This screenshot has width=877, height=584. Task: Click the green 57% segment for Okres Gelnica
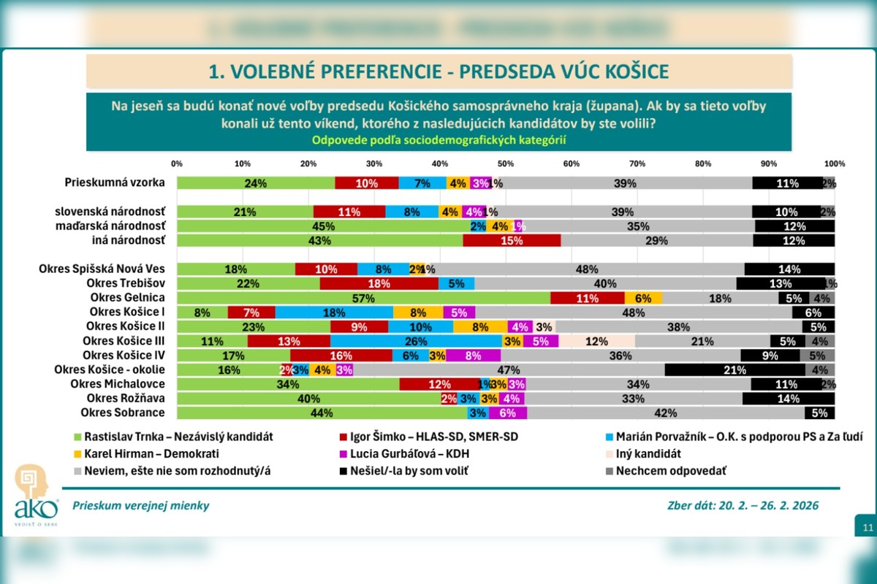[x=363, y=298]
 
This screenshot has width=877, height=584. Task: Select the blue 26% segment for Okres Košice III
[x=416, y=341]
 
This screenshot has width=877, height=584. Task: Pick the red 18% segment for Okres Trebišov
[x=379, y=283]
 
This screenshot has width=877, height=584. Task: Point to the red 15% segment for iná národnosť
[x=512, y=240]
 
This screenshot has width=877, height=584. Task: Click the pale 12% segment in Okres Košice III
[x=596, y=341]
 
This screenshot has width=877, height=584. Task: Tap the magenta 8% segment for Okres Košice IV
[x=473, y=356]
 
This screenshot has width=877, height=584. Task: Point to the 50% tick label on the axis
[x=505, y=163]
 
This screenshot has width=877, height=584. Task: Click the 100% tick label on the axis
[x=834, y=163]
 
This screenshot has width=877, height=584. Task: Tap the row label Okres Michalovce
[x=118, y=384]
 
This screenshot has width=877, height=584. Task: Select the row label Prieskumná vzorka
[x=115, y=183]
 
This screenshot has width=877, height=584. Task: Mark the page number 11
[x=867, y=527]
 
